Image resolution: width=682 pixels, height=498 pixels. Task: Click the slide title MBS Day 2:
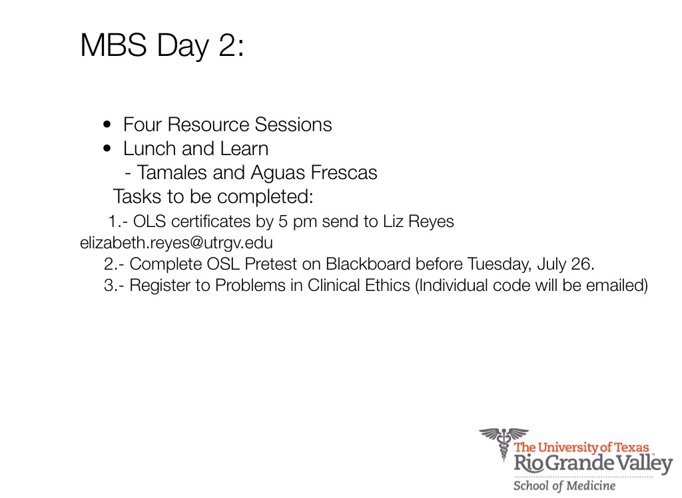[x=163, y=45]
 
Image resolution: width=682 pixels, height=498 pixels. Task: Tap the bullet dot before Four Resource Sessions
[x=107, y=124]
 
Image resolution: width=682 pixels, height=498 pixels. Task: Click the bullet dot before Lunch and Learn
[x=107, y=148]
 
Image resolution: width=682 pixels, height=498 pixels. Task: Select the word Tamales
[x=172, y=172]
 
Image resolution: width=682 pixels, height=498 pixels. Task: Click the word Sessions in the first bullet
[x=293, y=124]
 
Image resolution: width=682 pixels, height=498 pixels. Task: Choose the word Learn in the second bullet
[x=244, y=148]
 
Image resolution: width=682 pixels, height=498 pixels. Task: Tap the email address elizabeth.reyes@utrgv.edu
[x=176, y=243]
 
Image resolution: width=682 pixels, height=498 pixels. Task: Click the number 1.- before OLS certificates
[x=118, y=222]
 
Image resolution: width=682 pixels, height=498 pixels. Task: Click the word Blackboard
[x=368, y=264]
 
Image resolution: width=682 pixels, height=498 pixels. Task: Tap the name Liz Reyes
[x=418, y=222]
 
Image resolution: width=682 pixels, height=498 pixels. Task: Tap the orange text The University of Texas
[x=581, y=447]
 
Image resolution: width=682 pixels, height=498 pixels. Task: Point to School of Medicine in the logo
[x=565, y=485]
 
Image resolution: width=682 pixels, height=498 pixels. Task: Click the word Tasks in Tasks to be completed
[x=137, y=196]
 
